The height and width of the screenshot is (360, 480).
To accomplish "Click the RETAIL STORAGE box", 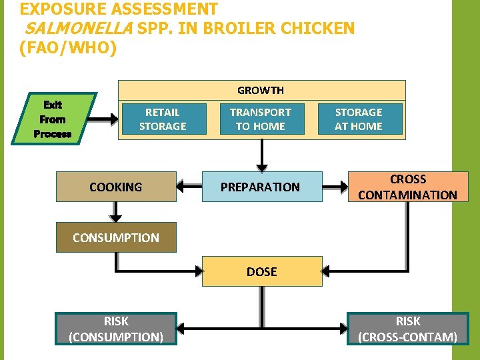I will pos(163,119).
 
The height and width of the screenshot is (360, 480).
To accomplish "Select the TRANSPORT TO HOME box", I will pos(260,119).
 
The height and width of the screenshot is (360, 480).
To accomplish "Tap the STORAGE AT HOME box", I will pos(359,119).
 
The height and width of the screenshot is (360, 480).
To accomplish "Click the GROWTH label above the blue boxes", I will pos(261,90).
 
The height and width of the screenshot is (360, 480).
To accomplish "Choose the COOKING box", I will pos(116,187).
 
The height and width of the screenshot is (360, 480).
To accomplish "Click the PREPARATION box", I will pos(261,187).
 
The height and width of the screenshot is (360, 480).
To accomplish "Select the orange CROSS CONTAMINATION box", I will pos(407,187).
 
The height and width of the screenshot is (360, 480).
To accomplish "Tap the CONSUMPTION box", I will pos(116,237).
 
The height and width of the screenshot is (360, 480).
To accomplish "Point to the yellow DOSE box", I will pos(262,271).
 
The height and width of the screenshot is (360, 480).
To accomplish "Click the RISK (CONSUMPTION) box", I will pos(116,329).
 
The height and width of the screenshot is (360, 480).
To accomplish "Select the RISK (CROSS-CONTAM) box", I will pos(407,329).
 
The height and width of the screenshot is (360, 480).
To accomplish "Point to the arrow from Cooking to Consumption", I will pos(116,212).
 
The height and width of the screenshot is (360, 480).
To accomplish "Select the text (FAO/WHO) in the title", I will pos(69,48).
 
